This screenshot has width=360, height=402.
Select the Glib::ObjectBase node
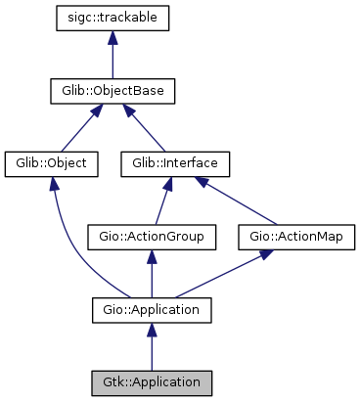[x=113, y=92]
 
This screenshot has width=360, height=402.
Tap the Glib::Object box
[x=52, y=163]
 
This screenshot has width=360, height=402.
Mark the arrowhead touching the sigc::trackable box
[x=113, y=39]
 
